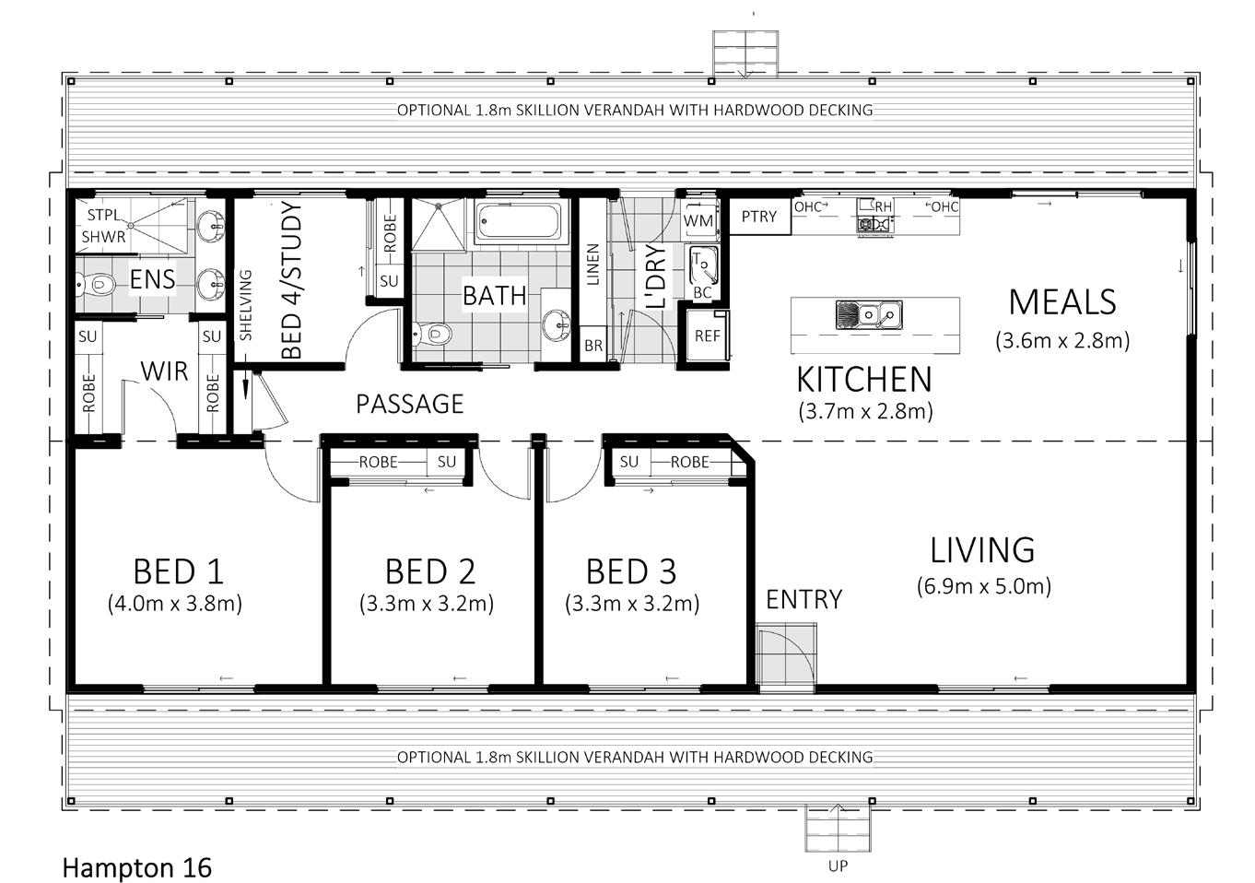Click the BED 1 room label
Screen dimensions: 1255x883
pyautogui.click(x=178, y=571)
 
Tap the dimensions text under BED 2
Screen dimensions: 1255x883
pyautogui.click(x=427, y=604)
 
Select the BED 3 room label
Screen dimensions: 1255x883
pyautogui.click(x=631, y=571)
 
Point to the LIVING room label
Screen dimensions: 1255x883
pyautogui.click(x=982, y=550)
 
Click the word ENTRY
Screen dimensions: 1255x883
pyautogui.click(x=804, y=599)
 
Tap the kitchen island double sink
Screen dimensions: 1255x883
pyautogui.click(x=869, y=314)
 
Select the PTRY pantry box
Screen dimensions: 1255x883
pyautogui.click(x=759, y=216)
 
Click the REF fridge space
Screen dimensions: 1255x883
pyautogui.click(x=707, y=336)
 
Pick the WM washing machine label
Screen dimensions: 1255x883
pyautogui.click(x=698, y=221)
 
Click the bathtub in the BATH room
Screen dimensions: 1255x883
pyautogui.click(x=518, y=222)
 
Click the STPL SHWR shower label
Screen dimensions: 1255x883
pyautogui.click(x=103, y=226)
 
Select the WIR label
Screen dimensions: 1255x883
pyautogui.click(x=164, y=371)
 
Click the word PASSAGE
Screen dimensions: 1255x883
pyautogui.click(x=409, y=404)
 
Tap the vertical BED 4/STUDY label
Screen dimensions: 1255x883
pyautogui.click(x=291, y=280)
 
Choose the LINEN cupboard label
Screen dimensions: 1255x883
pyautogui.click(x=592, y=264)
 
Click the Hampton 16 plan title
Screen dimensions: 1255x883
pyautogui.click(x=137, y=868)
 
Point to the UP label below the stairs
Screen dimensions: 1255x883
pyautogui.click(x=838, y=866)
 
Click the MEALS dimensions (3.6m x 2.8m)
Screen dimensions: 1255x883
pyautogui.click(x=1062, y=340)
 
